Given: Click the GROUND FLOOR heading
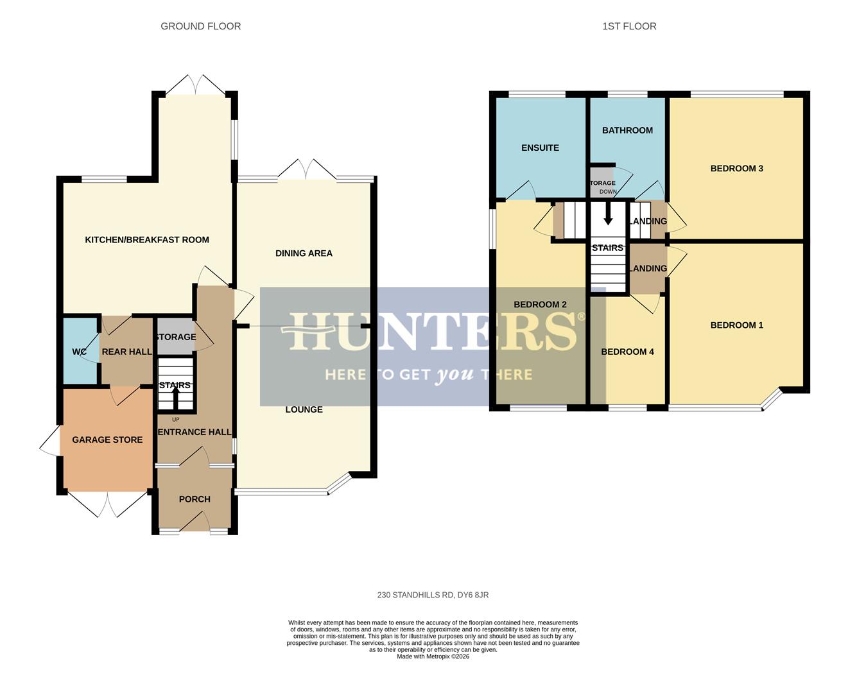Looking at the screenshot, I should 200,26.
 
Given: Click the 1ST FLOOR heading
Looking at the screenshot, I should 628,26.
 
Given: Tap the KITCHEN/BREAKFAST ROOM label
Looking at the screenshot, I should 147,240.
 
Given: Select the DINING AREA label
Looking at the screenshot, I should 304,253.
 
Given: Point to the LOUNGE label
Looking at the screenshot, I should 304,409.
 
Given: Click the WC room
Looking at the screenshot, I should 79,352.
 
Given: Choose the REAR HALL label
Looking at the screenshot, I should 126,352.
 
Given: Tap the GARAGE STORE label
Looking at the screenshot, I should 107,440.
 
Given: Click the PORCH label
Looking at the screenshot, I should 195,499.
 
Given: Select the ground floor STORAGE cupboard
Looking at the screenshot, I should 175,337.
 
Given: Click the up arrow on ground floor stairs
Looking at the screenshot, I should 175,397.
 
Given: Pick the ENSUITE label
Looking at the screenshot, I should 540,148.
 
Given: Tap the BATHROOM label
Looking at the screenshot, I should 627,130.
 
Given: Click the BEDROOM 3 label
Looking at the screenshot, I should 736,169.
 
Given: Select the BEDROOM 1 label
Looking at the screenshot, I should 736,325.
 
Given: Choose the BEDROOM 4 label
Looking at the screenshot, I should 627,352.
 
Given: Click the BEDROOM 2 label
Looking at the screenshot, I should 540,305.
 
